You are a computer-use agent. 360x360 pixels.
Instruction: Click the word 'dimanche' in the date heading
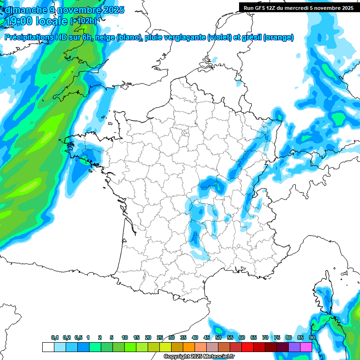[23, 9]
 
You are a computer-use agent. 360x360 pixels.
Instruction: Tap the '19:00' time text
[20, 21]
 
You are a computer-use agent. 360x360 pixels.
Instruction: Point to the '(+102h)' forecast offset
[83, 21]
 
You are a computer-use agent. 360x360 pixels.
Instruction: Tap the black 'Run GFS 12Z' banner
[299, 7]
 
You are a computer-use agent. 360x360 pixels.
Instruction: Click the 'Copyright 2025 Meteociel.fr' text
[199, 357]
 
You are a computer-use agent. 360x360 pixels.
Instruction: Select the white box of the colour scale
[48, 347]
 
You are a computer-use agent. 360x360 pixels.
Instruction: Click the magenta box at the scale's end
[306, 347]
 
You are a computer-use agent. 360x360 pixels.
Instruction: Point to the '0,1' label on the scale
[55, 337]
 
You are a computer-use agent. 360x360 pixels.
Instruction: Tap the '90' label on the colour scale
[312, 337]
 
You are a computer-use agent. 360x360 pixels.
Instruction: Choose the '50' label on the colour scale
[218, 337]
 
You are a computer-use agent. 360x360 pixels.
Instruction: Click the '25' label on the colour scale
[160, 337]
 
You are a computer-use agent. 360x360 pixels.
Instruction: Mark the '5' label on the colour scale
[112, 337]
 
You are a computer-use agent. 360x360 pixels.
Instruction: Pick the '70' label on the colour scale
[265, 337]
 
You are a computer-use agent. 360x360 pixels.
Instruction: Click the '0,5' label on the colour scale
[79, 337]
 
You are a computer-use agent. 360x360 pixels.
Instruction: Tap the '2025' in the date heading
[112, 9]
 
